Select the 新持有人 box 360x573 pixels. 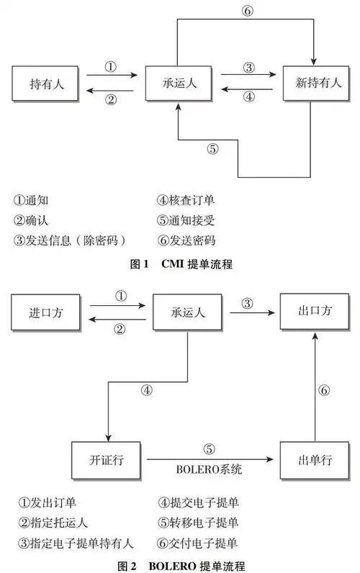pos(312,85)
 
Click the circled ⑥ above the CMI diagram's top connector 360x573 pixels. pos(248,10)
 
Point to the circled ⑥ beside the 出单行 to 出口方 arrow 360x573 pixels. pos(324,389)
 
